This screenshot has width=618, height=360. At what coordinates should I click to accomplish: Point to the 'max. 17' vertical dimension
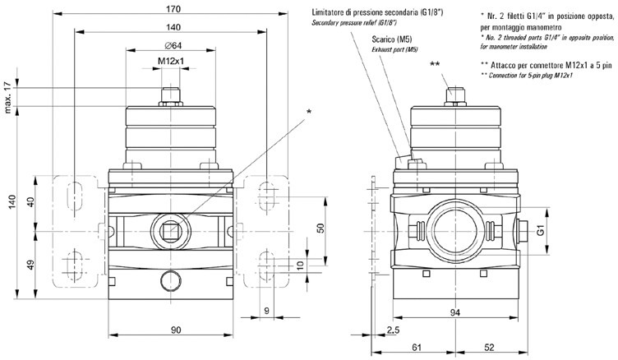[x=8, y=97]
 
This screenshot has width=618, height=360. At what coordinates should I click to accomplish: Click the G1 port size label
[x=540, y=233]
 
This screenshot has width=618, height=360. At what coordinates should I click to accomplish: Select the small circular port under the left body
[x=172, y=275]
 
